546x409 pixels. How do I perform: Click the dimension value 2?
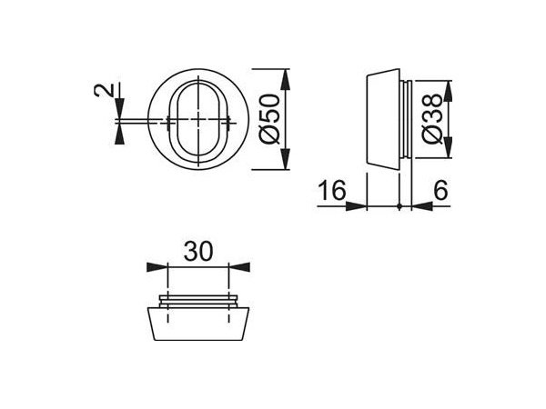(x=106, y=92)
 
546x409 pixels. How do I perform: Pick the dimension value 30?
(x=197, y=251)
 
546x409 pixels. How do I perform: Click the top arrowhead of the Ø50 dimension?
(x=287, y=76)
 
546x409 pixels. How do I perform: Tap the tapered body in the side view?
(x=382, y=121)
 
